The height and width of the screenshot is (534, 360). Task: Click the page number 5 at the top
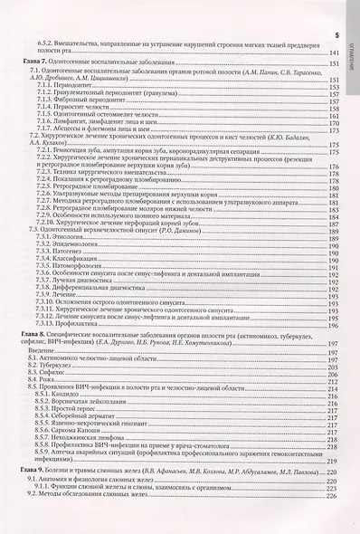pos(336,35)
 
